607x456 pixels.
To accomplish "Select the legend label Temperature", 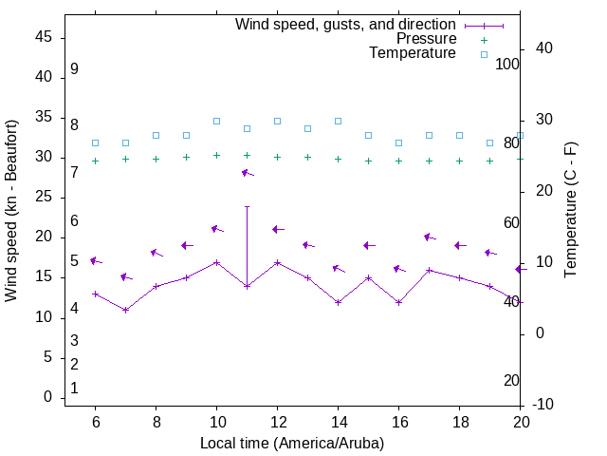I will point(413,53).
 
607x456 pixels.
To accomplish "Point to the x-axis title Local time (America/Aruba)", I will point(292,443).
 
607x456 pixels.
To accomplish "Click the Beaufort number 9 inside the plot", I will point(74,69).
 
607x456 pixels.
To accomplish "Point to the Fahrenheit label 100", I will point(507,64).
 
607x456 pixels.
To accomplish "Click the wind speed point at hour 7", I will point(125,310).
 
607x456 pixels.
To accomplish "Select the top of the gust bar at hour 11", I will point(247,206).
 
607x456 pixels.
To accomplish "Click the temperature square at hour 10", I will point(216,121).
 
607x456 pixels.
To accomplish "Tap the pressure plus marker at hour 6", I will point(95,161).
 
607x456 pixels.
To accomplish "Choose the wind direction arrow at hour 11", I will point(247,173).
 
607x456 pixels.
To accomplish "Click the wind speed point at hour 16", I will point(398,302).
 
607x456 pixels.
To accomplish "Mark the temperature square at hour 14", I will point(338,121).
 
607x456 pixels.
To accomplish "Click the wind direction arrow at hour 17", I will point(429,237).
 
